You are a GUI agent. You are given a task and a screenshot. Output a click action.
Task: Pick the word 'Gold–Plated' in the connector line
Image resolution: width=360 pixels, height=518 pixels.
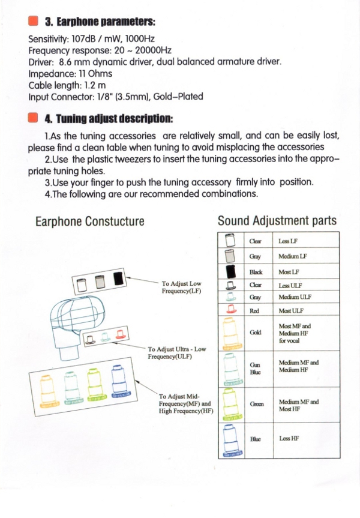(x=178, y=97)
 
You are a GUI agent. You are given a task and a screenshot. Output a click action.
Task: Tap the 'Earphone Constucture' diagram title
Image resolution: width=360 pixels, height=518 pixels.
(x=90, y=221)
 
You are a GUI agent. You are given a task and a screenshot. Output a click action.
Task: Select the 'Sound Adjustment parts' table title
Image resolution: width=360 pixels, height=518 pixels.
(x=277, y=221)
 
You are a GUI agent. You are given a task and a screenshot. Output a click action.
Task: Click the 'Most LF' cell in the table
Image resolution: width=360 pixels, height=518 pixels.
(x=289, y=272)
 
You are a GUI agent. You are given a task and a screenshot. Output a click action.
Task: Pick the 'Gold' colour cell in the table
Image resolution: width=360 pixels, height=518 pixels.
(x=254, y=333)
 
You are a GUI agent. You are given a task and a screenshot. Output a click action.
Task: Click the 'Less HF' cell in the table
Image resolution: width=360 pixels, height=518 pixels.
(x=289, y=439)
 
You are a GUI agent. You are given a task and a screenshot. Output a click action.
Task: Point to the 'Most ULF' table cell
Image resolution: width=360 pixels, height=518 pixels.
(x=291, y=310)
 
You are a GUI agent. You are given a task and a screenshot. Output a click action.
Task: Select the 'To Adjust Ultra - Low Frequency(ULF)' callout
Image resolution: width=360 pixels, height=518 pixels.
(x=177, y=353)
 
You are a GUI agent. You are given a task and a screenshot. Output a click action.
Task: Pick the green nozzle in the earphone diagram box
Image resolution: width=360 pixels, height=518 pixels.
(x=93, y=385)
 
